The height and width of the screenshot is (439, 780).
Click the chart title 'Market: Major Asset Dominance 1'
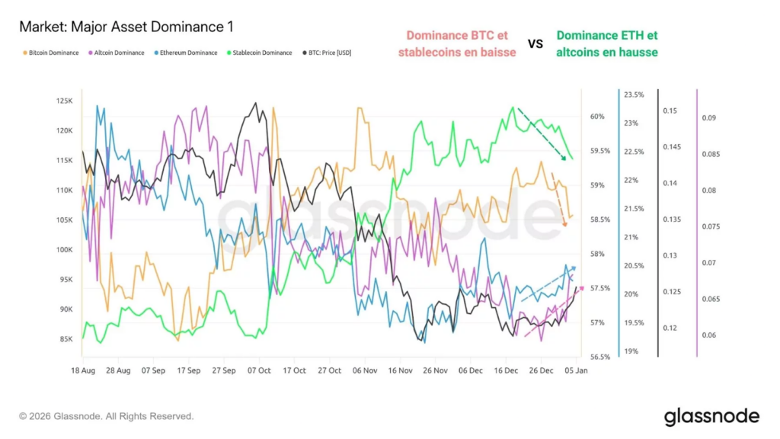pos(126,27)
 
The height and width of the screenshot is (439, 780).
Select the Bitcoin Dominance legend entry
pos(52,53)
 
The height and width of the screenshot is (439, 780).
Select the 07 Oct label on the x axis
pos(259,370)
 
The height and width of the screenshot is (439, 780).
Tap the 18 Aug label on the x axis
pos(82,370)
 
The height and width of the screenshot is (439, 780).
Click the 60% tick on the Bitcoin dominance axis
pos(597,117)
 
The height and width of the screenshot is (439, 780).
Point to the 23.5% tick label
pos(634,95)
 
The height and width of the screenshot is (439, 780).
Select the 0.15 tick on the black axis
pos(670,111)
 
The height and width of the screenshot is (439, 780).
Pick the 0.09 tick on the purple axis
pos(708,118)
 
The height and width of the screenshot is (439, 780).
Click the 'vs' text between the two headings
pos(535,43)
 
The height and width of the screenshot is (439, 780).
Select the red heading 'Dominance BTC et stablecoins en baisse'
pos(457,43)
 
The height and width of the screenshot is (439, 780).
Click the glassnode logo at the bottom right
pos(711,416)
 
